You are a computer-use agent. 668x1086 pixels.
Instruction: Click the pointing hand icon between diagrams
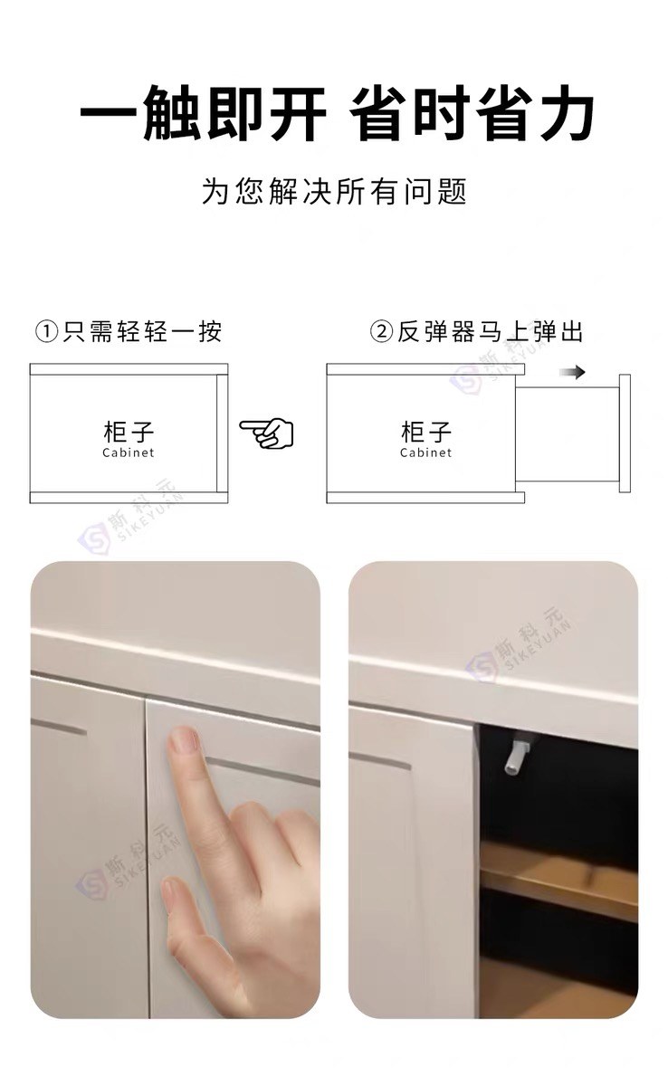point(267,433)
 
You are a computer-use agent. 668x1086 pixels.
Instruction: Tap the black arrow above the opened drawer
point(572,372)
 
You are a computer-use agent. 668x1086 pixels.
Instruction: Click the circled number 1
point(47,333)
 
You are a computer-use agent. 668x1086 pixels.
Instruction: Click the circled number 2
point(381,333)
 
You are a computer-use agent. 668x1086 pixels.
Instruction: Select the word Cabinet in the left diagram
point(129,452)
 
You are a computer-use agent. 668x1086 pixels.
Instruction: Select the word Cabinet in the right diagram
point(425,452)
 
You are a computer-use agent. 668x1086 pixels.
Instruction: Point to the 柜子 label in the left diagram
point(129,432)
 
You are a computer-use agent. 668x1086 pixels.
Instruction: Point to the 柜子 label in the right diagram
point(425,432)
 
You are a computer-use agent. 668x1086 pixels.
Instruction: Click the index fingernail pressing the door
point(184,741)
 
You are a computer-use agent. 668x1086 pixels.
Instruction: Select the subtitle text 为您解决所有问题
point(334,192)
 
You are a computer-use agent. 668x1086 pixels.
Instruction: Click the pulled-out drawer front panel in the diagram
point(625,433)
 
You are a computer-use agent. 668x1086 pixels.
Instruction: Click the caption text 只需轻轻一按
point(142,333)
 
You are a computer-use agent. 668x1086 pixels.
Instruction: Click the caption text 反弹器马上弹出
point(490,333)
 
